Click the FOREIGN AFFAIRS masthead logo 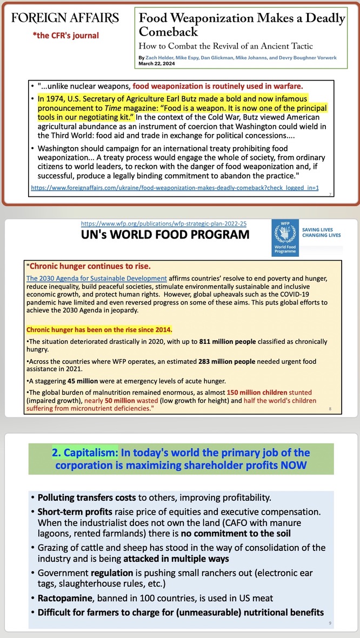[x=65, y=18]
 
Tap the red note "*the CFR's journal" [x=65, y=36]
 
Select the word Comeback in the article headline [x=162, y=32]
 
